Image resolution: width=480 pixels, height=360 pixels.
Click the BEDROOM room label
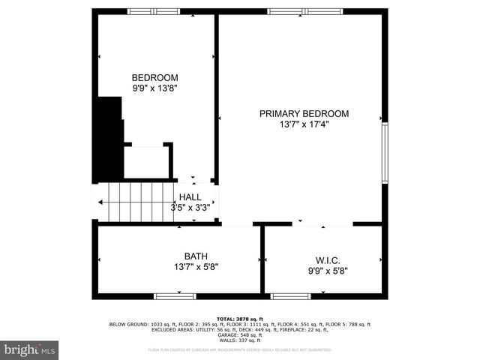tap(154, 77)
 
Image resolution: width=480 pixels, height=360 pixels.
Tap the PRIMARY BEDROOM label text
tap(304, 114)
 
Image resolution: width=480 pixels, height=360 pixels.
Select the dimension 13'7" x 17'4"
tap(304, 124)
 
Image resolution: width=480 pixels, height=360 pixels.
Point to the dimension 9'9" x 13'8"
tap(154, 88)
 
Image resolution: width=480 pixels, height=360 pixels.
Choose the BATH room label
tap(196, 256)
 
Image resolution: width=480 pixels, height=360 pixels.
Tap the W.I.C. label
tap(327, 261)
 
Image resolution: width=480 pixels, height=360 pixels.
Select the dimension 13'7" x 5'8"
tap(196, 266)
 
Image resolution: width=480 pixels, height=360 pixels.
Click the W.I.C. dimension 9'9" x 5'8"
tap(327, 271)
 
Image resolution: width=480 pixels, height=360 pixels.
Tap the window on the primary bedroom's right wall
tap(385, 153)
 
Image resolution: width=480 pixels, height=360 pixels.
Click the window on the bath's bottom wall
tap(175, 295)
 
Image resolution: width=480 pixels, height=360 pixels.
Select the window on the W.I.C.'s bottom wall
tap(291, 295)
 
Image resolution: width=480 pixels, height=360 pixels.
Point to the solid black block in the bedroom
tap(110, 139)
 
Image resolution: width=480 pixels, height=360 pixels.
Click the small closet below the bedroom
tap(147, 161)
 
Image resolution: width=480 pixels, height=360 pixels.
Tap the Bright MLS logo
tap(30, 349)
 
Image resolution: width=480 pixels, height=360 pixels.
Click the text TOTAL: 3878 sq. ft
tap(239, 319)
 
